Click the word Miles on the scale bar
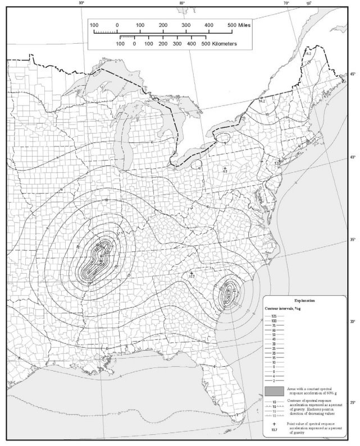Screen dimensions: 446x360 point(257,25)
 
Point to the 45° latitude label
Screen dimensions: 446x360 point(353,75)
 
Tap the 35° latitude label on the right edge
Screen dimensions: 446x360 point(353,240)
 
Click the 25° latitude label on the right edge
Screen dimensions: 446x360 point(353,403)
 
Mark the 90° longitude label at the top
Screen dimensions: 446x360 point(81,4)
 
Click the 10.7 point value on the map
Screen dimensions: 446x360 point(191,276)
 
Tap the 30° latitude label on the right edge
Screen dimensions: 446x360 point(353,321)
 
